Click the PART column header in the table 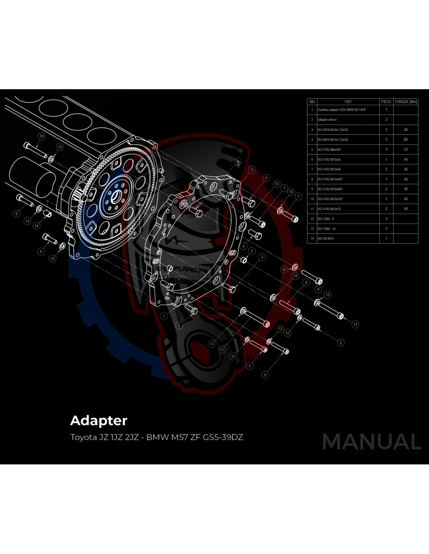[348, 102]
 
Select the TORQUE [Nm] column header [406, 102]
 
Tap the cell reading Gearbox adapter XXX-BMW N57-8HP [342, 110]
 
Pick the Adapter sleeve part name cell [327, 120]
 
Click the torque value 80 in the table [406, 139]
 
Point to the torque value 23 [406, 150]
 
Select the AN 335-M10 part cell [326, 238]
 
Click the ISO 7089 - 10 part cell [326, 229]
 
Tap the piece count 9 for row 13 [386, 229]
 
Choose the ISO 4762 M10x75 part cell [329, 209]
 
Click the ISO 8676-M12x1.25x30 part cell [333, 139]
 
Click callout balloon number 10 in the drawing [41, 136]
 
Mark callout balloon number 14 [37, 226]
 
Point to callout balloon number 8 [16, 213]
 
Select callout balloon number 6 [41, 251]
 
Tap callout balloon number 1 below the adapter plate [164, 316]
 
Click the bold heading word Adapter [99, 421]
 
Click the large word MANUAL [371, 442]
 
